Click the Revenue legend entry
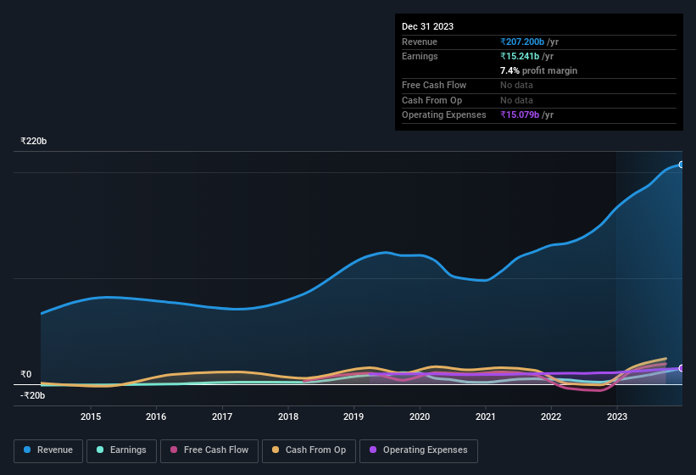coord(48,450)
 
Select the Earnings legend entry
coord(121,450)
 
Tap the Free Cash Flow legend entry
coord(209,450)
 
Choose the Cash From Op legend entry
coord(308,450)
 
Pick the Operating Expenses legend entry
coord(418,450)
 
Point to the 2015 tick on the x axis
coord(91,416)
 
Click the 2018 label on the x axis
coord(288,416)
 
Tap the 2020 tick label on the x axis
coord(420,416)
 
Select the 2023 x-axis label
coord(617,416)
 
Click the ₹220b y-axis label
coord(34,141)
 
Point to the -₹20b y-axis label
coord(33,395)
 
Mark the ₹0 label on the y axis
coord(26,374)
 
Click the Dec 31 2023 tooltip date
coord(427,26)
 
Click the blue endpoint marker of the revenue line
coord(682,165)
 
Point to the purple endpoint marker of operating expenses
coord(682,368)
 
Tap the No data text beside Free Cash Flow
coord(516,86)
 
